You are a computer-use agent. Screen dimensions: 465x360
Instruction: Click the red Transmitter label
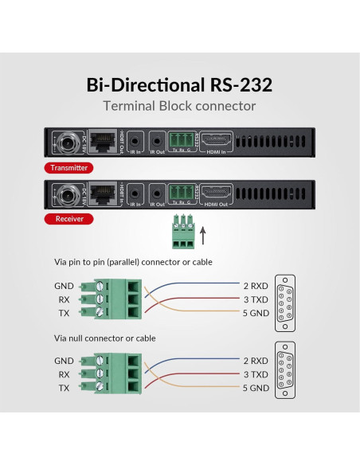point(68,168)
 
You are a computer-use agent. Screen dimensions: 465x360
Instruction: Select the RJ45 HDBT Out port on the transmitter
point(103,143)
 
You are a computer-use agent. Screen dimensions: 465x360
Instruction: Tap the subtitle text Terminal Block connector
point(180,107)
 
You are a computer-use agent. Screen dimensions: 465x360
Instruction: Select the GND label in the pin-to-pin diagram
point(65,285)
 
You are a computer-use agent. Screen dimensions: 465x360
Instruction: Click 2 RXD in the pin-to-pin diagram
point(256,284)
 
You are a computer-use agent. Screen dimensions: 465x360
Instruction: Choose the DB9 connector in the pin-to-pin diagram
point(286,303)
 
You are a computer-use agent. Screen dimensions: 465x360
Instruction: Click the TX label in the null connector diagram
point(63,387)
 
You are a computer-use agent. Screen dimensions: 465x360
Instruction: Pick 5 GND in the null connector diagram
point(256,388)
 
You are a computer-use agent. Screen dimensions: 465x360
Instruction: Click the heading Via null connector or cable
point(105,338)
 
